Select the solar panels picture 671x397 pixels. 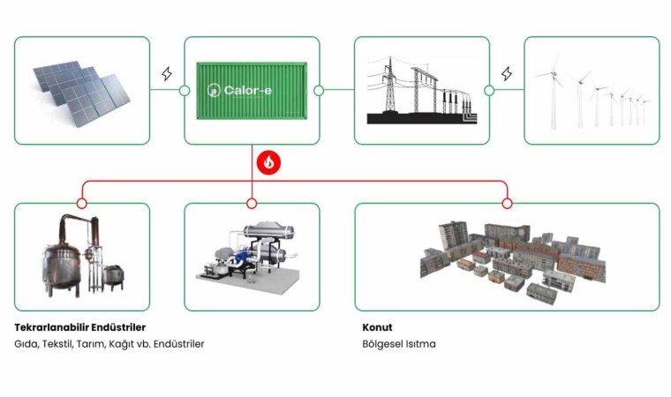tap(81, 89)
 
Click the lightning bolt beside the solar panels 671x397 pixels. tap(167, 74)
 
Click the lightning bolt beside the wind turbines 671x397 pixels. tap(507, 74)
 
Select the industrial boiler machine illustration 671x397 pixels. tap(252, 256)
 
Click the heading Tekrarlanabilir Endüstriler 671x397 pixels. tap(80, 327)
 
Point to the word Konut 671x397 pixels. tap(377, 327)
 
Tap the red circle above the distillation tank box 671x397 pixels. tap(81, 203)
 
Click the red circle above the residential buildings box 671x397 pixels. tap(507, 203)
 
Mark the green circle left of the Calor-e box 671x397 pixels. tap(184, 90)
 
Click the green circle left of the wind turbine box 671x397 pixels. tap(488, 90)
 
